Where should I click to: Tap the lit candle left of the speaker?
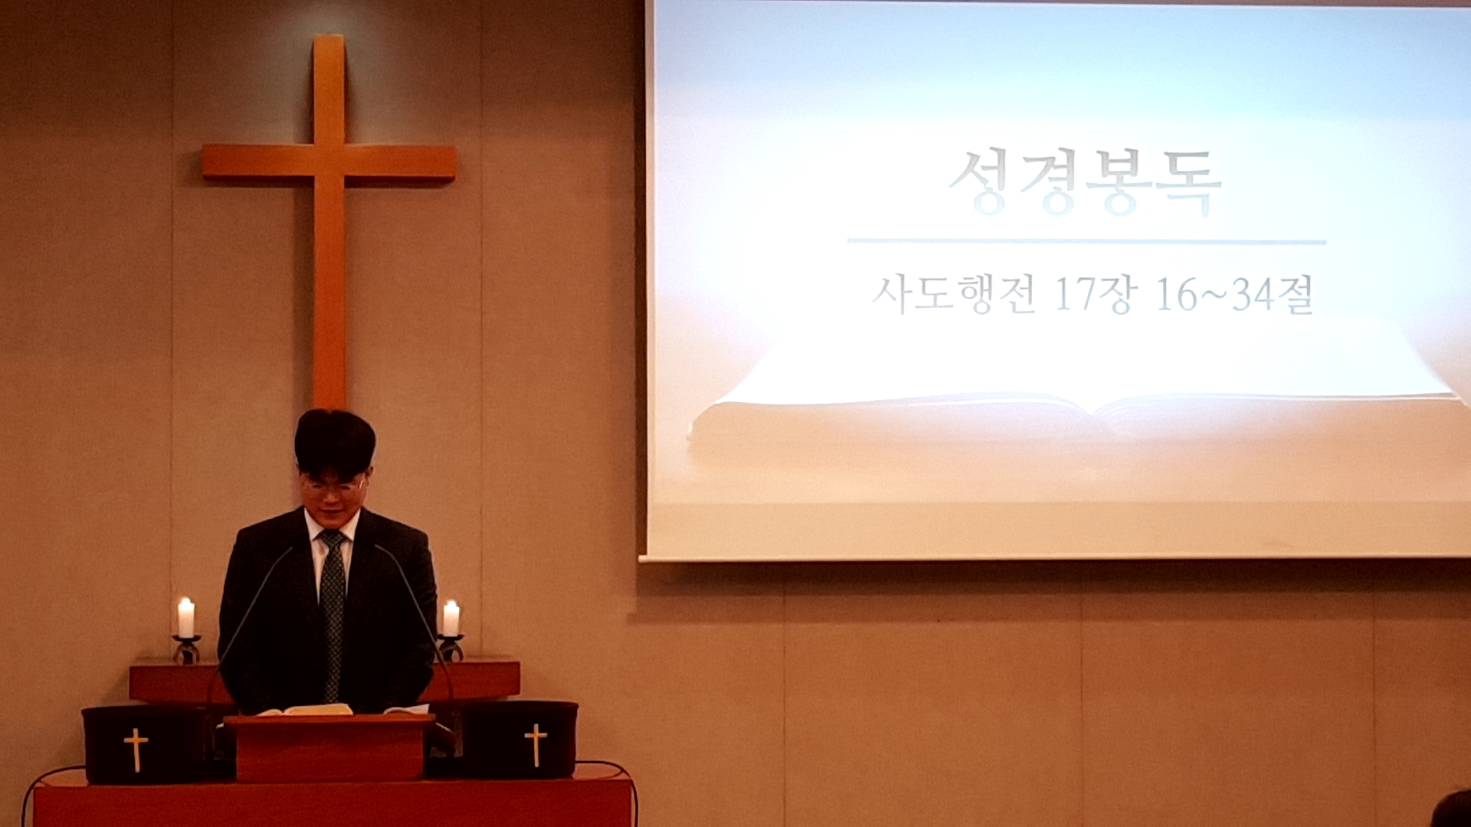point(185,617)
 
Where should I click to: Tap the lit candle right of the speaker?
point(450,618)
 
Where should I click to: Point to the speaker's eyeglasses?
point(333,485)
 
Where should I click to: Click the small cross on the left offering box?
point(136,749)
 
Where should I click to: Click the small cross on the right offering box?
point(536,744)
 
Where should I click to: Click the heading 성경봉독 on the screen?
point(1084,182)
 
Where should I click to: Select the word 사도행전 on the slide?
point(954,294)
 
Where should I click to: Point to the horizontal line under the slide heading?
point(1086,242)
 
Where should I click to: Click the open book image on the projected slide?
point(1073,383)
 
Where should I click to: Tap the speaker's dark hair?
point(335,443)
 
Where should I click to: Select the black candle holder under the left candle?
point(186,649)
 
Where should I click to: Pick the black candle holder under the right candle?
point(450,648)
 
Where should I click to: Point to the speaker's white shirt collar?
point(331,528)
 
